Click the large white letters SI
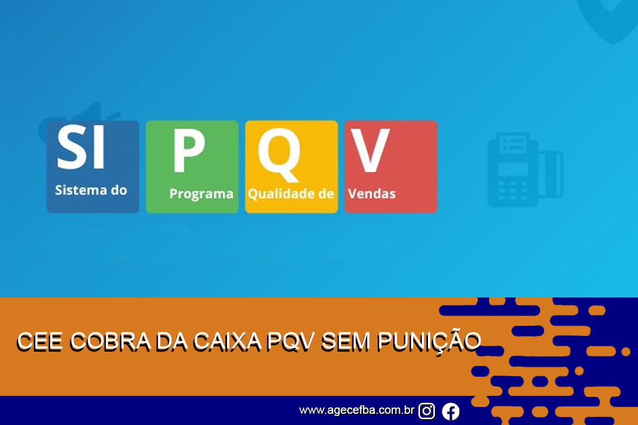coord(81,147)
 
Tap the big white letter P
coord(189,150)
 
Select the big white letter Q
coord(279,155)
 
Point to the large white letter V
coord(370,150)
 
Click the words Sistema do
coord(91,190)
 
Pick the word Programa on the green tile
coord(202,194)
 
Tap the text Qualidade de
coord(291,194)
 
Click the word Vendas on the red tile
coord(372,194)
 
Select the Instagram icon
coord(426,411)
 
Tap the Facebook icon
coord(451,411)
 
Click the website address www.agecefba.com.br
coord(357,410)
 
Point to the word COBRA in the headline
coord(110,341)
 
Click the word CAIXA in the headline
coord(227,341)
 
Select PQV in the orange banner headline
coord(290,341)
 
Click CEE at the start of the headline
coord(39,341)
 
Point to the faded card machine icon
coord(525,169)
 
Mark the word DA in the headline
coord(172,341)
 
